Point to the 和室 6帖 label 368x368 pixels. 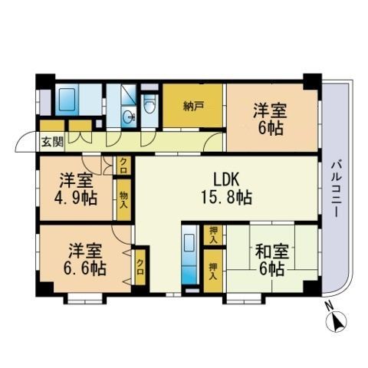[268, 260]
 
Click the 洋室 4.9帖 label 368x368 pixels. [75, 188]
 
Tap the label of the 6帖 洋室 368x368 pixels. [268, 120]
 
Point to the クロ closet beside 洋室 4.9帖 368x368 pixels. [123, 163]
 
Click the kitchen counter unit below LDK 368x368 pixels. [189, 258]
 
